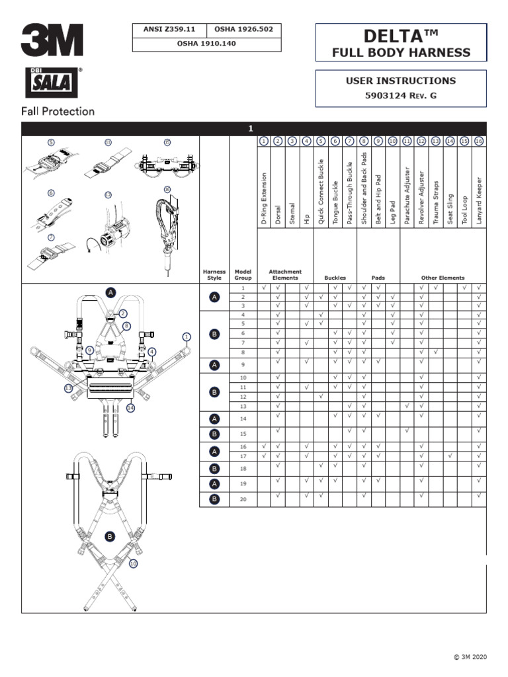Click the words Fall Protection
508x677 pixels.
point(58,111)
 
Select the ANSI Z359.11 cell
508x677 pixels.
point(170,30)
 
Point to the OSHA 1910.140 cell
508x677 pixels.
point(207,44)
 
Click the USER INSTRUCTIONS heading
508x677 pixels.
point(401,81)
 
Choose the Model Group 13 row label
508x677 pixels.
point(243,405)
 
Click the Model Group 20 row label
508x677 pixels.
point(243,500)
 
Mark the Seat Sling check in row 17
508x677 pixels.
point(450,456)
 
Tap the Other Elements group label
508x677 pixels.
point(443,278)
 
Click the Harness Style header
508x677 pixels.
point(214,274)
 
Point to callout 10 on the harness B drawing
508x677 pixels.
point(133,563)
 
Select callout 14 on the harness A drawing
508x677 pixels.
point(130,408)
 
